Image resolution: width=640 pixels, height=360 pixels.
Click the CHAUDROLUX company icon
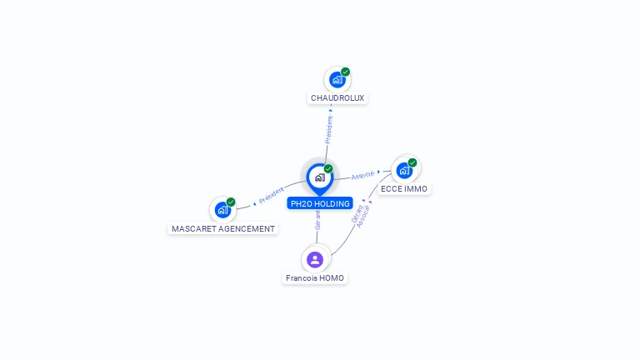click(337, 80)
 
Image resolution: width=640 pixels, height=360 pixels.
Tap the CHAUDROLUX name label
click(337, 98)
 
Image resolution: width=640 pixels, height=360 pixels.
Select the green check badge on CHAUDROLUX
click(345, 72)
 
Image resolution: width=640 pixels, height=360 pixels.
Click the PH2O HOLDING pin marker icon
click(320, 179)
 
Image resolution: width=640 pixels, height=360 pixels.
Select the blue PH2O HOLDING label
click(320, 203)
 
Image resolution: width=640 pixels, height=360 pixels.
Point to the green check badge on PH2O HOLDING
click(328, 168)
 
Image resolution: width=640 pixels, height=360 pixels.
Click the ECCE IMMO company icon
click(404, 171)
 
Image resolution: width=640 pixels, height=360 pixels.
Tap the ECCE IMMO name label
click(404, 188)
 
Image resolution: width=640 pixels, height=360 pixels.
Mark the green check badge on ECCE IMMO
click(412, 162)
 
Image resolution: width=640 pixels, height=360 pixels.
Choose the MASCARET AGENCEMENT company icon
click(222, 210)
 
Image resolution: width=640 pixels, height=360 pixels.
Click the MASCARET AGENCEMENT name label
click(223, 228)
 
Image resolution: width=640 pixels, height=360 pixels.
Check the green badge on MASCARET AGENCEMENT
click(231, 202)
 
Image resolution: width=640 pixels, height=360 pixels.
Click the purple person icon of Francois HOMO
click(315, 260)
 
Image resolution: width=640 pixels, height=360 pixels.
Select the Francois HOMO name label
click(315, 278)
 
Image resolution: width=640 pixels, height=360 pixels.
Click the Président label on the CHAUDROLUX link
click(328, 129)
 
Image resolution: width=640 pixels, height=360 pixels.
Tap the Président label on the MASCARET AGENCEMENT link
click(271, 195)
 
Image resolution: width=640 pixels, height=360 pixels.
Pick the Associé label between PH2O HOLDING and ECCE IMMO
click(362, 175)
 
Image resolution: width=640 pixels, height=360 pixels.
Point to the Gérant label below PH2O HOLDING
click(317, 220)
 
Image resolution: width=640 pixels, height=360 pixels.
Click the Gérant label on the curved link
click(357, 214)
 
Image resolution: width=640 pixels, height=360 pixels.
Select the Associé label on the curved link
click(362, 217)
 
